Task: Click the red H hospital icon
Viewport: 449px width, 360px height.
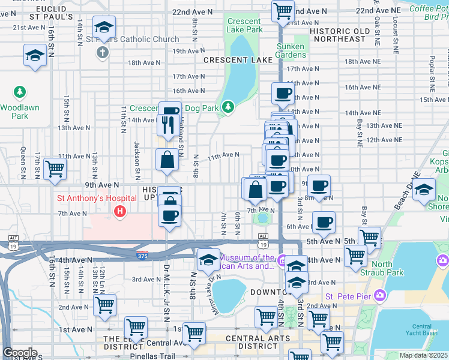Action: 120,212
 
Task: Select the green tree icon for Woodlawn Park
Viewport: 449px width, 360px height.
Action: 20,92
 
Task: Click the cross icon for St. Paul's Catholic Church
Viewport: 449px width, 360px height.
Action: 103,53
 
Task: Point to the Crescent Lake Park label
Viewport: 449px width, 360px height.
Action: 244,25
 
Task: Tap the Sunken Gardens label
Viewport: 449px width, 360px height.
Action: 291,51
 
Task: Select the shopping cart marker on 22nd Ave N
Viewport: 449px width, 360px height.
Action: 283,10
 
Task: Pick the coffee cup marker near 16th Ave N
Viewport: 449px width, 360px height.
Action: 283,93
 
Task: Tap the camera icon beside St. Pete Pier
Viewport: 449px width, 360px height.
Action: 379,295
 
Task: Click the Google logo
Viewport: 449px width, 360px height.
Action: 20,353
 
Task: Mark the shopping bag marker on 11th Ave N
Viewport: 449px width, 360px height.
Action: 167,160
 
